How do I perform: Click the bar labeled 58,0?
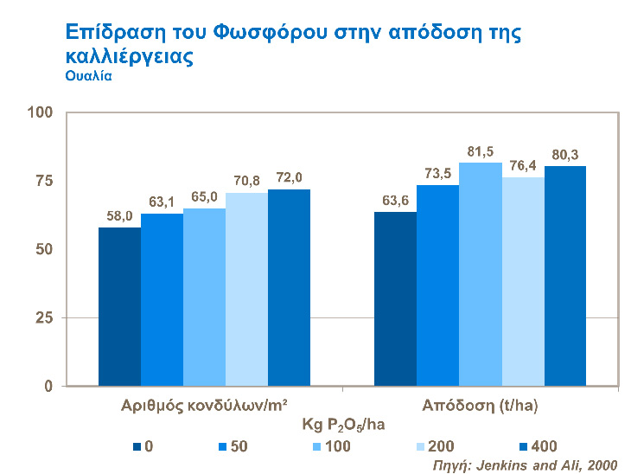[119, 306]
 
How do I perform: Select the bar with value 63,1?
[162, 299]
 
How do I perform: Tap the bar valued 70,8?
[246, 289]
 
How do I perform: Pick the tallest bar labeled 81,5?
[480, 274]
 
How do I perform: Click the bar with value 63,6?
[395, 298]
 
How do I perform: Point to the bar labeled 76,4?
[523, 281]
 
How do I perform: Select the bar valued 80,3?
[565, 276]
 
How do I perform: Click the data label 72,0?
[289, 177]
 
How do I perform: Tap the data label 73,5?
[438, 173]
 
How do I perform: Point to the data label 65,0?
[204, 196]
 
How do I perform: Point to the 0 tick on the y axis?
[49, 386]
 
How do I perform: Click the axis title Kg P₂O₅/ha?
[342, 426]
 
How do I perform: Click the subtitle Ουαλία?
[89, 75]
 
